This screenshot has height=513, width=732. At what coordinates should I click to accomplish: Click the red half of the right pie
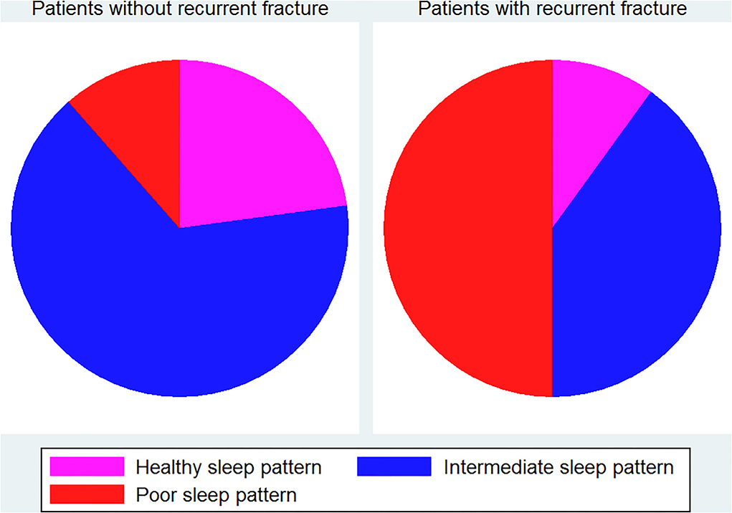467,229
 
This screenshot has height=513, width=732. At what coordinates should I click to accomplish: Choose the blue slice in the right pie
640,262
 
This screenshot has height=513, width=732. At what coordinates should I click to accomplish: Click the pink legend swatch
87,466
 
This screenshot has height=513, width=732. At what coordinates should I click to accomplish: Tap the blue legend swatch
394,466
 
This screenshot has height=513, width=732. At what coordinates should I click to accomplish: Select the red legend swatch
87,494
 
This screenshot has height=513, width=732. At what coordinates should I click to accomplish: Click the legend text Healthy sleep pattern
229,467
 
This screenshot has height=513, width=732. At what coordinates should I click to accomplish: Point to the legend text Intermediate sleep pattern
558,467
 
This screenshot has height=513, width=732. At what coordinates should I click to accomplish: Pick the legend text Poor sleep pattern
216,495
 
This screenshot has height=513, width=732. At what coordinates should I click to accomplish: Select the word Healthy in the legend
168,467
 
